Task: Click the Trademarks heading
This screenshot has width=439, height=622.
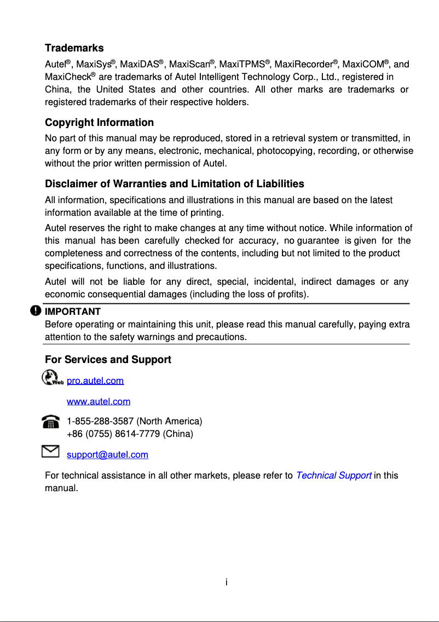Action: tap(74, 48)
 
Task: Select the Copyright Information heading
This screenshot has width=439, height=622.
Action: tap(99, 122)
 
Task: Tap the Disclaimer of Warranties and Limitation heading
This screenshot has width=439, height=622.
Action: tap(174, 183)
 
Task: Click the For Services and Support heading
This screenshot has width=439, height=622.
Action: tap(108, 359)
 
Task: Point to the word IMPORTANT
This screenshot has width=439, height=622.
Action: tap(72, 312)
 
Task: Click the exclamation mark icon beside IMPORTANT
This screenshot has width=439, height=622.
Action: tap(36, 310)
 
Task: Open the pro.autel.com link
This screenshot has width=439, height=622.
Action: tap(95, 381)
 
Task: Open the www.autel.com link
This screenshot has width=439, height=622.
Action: tap(98, 401)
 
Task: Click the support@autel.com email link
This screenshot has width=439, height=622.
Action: tap(107, 454)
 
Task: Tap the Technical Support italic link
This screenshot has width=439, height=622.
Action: tap(333, 475)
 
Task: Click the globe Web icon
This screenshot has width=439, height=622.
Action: tap(52, 378)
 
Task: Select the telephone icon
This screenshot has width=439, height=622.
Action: tap(51, 422)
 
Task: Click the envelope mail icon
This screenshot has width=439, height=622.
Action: tap(50, 451)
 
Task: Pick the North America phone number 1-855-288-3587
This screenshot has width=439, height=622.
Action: tap(100, 421)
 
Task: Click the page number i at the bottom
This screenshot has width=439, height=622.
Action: tap(226, 581)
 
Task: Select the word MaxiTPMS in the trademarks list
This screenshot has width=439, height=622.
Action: tap(241, 65)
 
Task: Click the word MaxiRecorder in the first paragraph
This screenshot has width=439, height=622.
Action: tap(303, 65)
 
